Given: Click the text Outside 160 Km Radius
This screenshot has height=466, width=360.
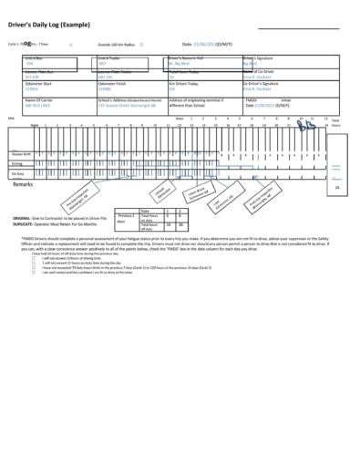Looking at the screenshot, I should [116, 44].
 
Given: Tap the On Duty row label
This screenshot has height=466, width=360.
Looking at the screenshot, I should [17, 173].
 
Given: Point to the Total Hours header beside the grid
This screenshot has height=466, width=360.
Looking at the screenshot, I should [335, 121].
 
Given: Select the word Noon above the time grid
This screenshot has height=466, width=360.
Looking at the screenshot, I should [180, 118].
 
